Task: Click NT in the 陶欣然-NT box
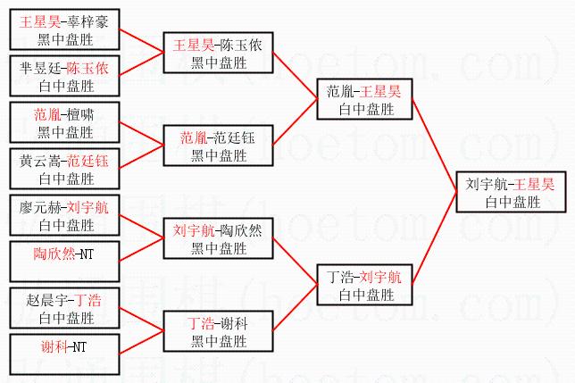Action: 86,254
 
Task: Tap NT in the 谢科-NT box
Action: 79,346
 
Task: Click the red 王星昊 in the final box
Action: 535,184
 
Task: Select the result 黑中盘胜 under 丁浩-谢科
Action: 218,337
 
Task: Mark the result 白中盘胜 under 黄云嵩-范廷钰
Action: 66,176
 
